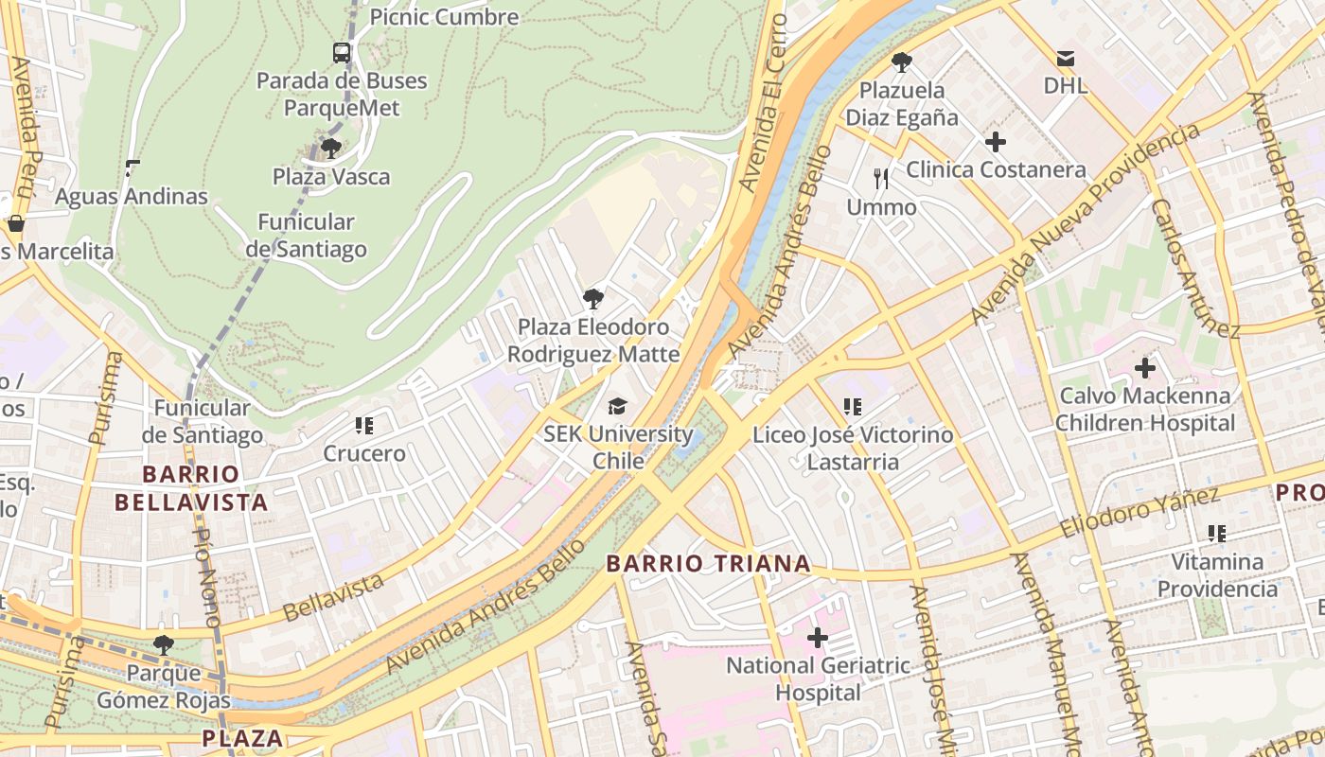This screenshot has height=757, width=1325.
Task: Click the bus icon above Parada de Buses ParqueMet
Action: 342,53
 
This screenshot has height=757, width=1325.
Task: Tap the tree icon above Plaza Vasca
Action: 330,148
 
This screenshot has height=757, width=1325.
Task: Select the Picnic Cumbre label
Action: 444,16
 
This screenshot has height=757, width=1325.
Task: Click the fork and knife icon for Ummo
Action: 881,178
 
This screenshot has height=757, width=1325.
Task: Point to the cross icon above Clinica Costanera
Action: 996,142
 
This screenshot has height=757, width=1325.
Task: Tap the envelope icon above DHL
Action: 1066,59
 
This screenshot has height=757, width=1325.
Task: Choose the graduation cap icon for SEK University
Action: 617,406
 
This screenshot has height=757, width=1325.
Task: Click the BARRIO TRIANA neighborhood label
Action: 708,564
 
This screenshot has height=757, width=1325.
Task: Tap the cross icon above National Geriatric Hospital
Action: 817,638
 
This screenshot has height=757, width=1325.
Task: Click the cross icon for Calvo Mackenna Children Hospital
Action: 1145,367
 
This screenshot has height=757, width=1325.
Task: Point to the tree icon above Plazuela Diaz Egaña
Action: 902,62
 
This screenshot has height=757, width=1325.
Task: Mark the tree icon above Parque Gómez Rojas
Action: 164,645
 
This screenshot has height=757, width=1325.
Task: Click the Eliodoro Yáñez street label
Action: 1139,513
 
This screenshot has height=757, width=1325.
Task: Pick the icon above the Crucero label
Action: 364,426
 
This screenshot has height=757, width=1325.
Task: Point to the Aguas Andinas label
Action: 131,197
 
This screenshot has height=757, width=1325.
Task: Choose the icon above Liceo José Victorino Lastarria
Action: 852,407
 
